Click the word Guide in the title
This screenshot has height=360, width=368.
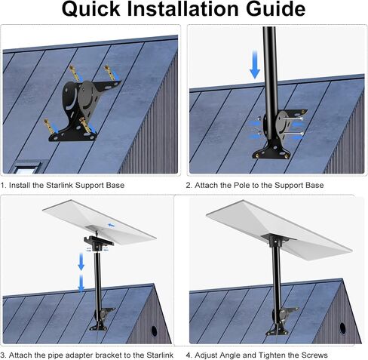pos(275,9)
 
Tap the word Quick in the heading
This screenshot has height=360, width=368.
pos(90,9)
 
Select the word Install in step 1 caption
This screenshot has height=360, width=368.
pos(20,185)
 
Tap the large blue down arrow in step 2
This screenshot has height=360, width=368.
pos(255,64)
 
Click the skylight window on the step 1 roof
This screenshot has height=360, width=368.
pos(27,168)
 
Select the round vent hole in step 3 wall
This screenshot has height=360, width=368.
pos(154,331)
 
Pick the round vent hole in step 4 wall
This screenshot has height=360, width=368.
pos(342,328)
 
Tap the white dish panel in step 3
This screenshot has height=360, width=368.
pos(100,219)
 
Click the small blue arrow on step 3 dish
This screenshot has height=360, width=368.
pos(111,225)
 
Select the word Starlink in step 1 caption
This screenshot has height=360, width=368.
pos(60,185)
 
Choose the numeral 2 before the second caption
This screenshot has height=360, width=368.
pos(189,185)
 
